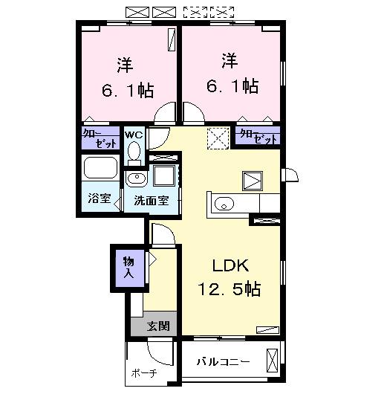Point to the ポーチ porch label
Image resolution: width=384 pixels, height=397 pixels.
pos(143,373)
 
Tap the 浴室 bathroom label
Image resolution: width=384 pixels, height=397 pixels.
pos(98,199)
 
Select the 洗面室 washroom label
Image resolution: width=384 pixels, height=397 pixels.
pos(151,200)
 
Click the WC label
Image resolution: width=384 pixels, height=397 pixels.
pos(134,135)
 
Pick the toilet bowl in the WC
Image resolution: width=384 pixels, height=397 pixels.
pos(134,152)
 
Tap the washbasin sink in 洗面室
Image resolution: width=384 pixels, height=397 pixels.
pos(136,178)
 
